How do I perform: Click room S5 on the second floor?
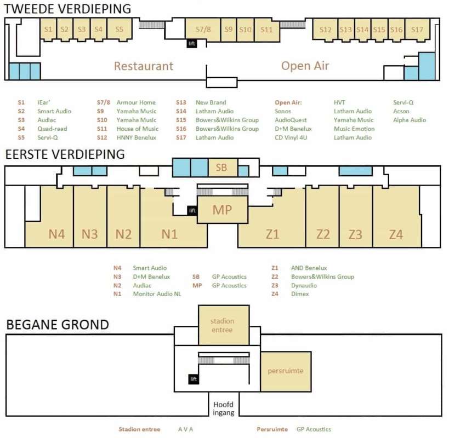(x=120, y=29)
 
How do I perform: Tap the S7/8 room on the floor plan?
(x=203, y=30)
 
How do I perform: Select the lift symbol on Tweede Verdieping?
(x=191, y=43)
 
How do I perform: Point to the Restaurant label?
(x=144, y=66)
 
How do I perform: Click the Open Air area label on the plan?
(x=305, y=66)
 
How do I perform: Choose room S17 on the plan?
(x=417, y=30)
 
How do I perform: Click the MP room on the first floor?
(x=223, y=210)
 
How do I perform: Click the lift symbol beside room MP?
(x=192, y=210)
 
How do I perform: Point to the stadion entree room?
(x=224, y=325)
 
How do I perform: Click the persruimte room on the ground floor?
(x=286, y=371)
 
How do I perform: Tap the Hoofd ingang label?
(x=223, y=408)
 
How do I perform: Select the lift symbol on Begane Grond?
(x=194, y=379)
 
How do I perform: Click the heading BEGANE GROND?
(x=58, y=325)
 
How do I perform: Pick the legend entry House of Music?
(x=138, y=129)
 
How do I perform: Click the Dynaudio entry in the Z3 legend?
(x=304, y=285)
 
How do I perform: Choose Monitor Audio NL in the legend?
(x=157, y=293)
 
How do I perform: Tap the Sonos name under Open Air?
(x=283, y=111)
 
